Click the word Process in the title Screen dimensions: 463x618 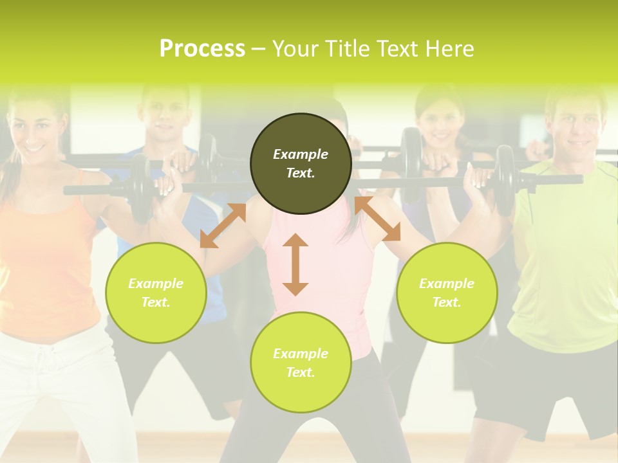pyautogui.click(x=202, y=48)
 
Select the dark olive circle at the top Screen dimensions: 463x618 pyautogui.click(x=301, y=163)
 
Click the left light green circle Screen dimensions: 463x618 pyautogui.click(x=156, y=293)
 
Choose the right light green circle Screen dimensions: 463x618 pyautogui.click(x=447, y=293)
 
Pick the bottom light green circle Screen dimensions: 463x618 pyautogui.click(x=301, y=363)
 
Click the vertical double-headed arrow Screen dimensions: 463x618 pyautogui.click(x=295, y=264)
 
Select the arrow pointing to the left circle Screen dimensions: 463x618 pyautogui.click(x=223, y=226)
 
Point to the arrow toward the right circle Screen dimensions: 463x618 pyautogui.click(x=378, y=219)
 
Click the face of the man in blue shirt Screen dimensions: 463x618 pyautogui.click(x=165, y=116)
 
